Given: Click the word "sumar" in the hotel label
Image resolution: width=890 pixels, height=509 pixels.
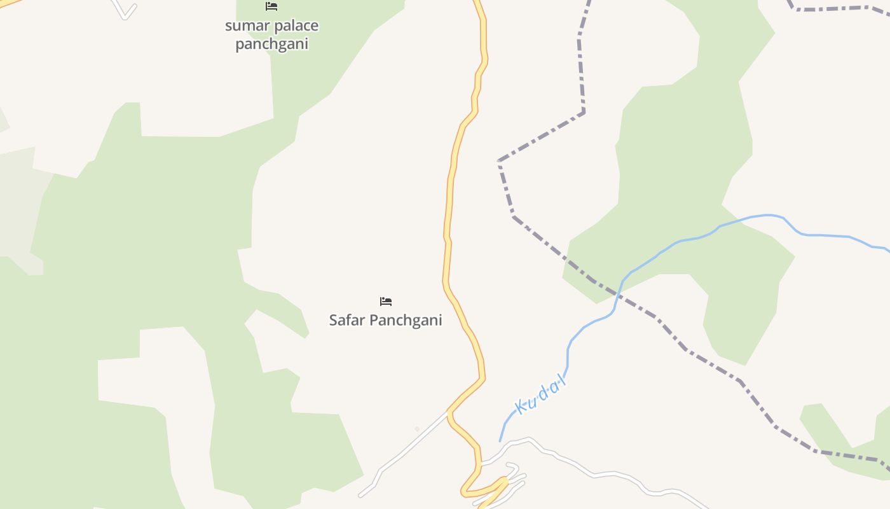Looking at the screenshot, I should (x=245, y=26).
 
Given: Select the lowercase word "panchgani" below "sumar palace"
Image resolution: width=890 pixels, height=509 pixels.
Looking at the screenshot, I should (x=271, y=44).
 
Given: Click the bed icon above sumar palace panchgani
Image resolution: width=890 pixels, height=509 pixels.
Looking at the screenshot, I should (x=271, y=6).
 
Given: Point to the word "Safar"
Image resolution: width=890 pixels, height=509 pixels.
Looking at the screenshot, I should (x=347, y=320).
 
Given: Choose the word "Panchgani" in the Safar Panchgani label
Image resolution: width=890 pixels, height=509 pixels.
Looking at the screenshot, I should (x=406, y=320).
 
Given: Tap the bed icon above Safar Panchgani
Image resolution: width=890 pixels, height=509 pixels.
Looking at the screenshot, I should (x=386, y=302).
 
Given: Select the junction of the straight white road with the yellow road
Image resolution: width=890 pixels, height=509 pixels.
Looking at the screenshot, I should (x=449, y=412).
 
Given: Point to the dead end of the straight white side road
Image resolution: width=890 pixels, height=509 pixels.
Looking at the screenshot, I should (x=360, y=496).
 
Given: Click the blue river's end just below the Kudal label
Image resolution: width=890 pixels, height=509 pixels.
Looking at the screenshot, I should (x=500, y=440).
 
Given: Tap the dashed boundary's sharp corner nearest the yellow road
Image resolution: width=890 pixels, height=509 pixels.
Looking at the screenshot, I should (x=499, y=161).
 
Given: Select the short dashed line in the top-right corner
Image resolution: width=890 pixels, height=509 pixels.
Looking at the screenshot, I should (x=833, y=8).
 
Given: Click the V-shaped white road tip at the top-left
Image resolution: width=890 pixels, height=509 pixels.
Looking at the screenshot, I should (x=125, y=17).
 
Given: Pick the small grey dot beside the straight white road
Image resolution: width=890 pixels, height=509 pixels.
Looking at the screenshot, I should (x=417, y=429).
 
